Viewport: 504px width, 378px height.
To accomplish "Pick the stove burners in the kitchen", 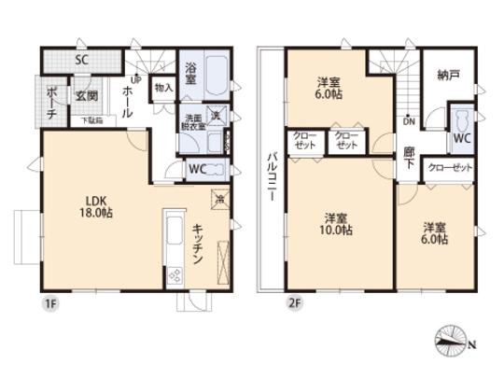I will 174,273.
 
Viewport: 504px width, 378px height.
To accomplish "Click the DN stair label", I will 408,120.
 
